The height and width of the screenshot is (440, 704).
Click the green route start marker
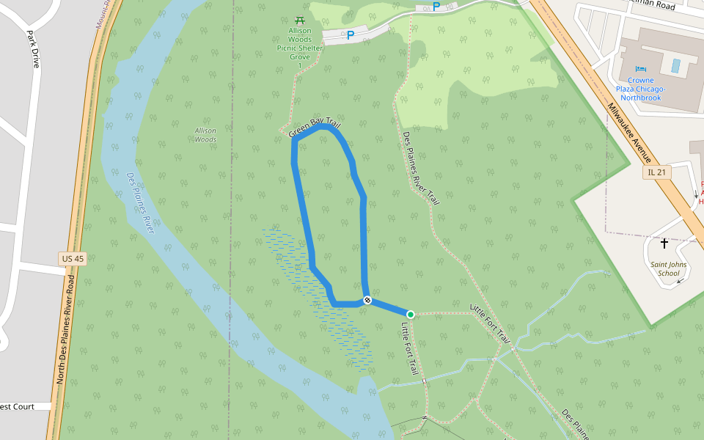coord(411,315)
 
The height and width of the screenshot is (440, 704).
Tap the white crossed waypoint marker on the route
coord(367,300)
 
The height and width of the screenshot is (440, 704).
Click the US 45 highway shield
coord(73,258)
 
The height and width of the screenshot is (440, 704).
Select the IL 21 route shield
coord(657,172)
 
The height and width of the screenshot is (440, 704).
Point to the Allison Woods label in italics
coord(205,135)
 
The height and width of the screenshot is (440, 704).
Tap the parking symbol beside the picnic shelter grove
coord(350,34)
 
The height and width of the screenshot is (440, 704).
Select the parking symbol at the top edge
coord(436,7)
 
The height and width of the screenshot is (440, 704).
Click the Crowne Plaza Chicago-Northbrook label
coord(641,89)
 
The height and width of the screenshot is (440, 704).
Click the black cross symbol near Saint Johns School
coord(664,243)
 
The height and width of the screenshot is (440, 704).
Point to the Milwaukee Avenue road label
coord(629,132)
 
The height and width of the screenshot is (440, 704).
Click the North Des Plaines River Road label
coord(65,329)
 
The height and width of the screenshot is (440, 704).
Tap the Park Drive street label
coord(32,49)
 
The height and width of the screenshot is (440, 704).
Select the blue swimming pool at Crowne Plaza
coord(675,65)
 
